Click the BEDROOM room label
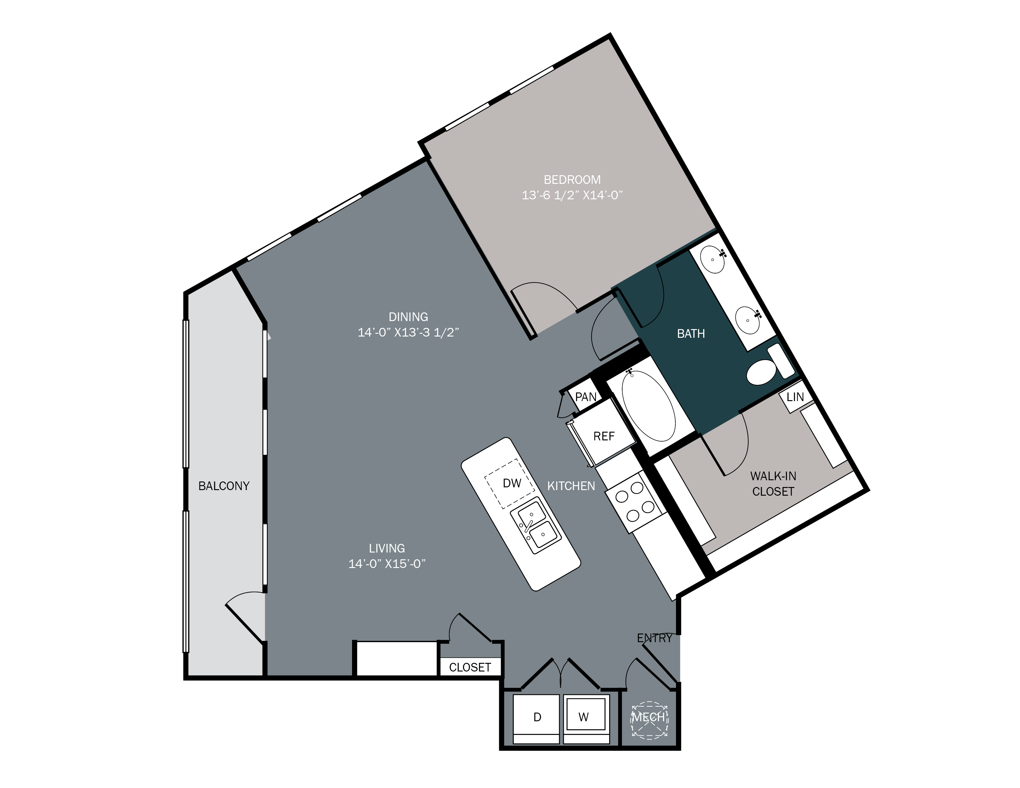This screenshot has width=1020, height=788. pyautogui.click(x=572, y=180)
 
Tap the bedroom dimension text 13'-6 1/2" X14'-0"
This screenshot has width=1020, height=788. pyautogui.click(x=572, y=195)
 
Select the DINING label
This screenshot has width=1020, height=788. pyautogui.click(x=408, y=317)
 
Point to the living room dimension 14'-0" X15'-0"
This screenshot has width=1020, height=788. pyautogui.click(x=387, y=564)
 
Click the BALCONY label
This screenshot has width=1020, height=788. pyautogui.click(x=224, y=486)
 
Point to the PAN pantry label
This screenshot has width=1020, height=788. pyautogui.click(x=586, y=397)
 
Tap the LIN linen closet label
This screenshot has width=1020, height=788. pyautogui.click(x=795, y=397)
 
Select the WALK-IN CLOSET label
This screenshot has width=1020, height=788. pyautogui.click(x=773, y=484)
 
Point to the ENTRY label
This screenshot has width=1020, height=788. pyautogui.click(x=655, y=638)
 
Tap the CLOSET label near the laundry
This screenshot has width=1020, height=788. pyautogui.click(x=470, y=667)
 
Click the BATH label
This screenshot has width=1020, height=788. pyautogui.click(x=691, y=334)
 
